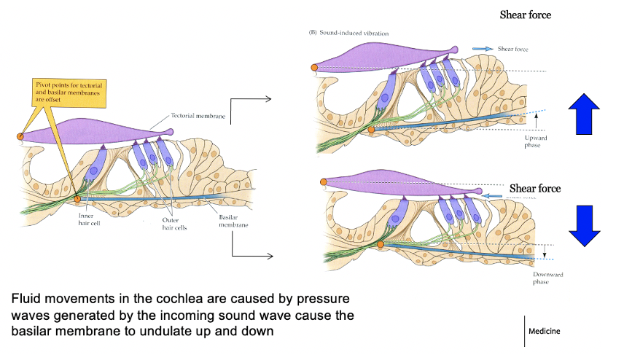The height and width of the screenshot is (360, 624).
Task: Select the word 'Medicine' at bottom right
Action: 551,331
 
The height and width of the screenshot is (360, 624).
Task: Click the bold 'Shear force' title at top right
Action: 525,14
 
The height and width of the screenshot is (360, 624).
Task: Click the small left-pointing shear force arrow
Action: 494,195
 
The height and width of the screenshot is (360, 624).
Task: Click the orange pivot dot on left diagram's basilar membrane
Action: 78,197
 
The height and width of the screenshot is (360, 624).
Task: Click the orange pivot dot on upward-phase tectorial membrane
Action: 314,69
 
